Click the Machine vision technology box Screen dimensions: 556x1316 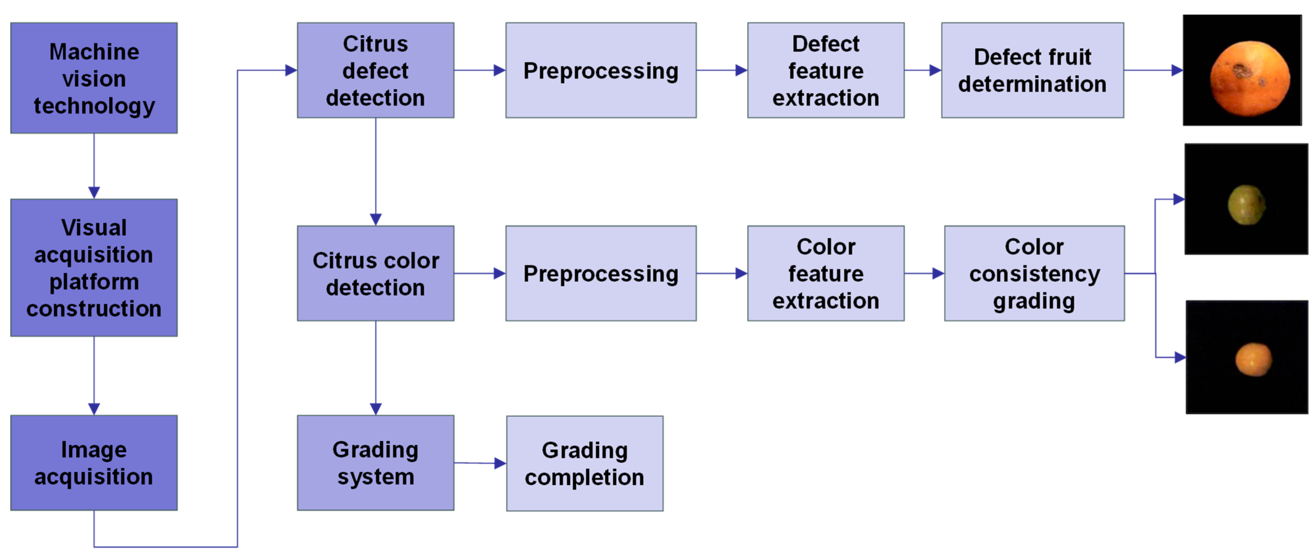coord(94,78)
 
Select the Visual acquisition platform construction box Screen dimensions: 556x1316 coord(94,268)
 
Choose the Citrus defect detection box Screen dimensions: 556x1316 coord(375,70)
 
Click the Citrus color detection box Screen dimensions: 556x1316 coord(375,274)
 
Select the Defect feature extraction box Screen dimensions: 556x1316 coord(825,70)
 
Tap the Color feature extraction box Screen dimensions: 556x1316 coord(825,274)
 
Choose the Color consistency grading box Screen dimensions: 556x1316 coord(1034,274)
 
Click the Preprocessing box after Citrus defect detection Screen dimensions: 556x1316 coord(601,70)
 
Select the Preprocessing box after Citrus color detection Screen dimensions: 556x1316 coord(601,274)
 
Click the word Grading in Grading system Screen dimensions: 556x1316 coord(375,449)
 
